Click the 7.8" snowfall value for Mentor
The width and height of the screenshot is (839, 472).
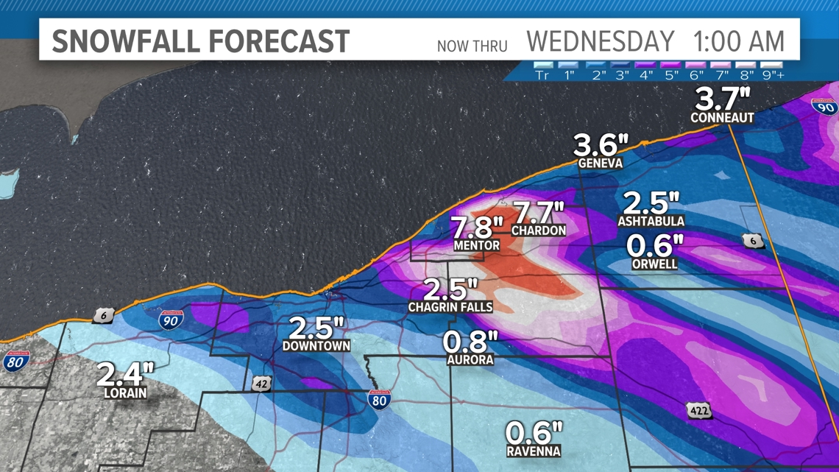(x=477, y=227)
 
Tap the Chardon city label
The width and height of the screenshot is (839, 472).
(x=539, y=230)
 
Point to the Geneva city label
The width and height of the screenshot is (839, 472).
(x=600, y=163)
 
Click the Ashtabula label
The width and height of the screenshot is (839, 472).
(x=651, y=221)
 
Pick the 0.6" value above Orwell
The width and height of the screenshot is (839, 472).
(x=655, y=245)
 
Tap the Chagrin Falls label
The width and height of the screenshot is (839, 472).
(x=450, y=306)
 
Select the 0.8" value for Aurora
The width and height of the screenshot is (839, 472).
(x=470, y=342)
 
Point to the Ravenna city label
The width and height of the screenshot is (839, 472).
(x=534, y=451)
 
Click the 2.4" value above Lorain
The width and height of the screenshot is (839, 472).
(x=125, y=374)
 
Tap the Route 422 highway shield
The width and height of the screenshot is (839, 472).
(x=698, y=410)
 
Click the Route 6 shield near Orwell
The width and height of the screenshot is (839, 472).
(x=752, y=241)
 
